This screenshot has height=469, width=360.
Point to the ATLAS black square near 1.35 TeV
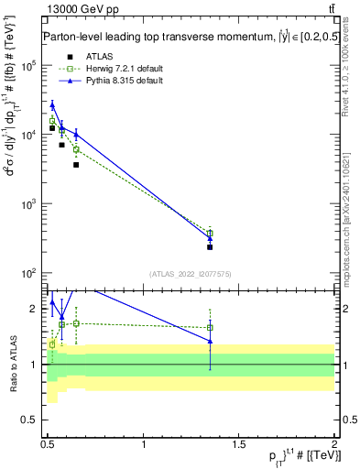[210, 246]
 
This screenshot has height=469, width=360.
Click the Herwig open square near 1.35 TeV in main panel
[210, 233]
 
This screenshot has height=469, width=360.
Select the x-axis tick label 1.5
[239, 444]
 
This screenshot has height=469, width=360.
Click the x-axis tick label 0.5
[49, 444]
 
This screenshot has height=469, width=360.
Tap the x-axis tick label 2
[334, 444]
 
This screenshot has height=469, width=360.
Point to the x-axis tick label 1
[144, 444]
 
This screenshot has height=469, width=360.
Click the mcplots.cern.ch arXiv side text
[347, 216]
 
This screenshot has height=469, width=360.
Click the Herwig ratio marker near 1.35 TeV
[210, 327]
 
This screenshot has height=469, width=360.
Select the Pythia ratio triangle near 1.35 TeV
[210, 341]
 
